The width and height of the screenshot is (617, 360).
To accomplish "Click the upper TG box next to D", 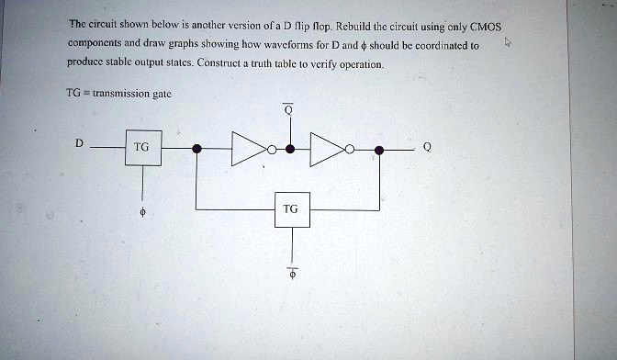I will (x=141, y=148).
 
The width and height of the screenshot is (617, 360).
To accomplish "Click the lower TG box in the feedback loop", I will (x=291, y=209).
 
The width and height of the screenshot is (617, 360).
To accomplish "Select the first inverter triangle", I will (x=249, y=148).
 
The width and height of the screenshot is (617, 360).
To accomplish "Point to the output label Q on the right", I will (x=426, y=146).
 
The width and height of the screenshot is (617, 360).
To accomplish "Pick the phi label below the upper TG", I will (x=141, y=211).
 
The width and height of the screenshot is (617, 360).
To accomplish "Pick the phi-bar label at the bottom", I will (x=292, y=273).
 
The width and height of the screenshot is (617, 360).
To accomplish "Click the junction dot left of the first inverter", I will (x=196, y=148).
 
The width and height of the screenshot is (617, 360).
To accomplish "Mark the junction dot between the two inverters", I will (x=290, y=148).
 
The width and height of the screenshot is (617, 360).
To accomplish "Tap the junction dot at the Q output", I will (x=381, y=148).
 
